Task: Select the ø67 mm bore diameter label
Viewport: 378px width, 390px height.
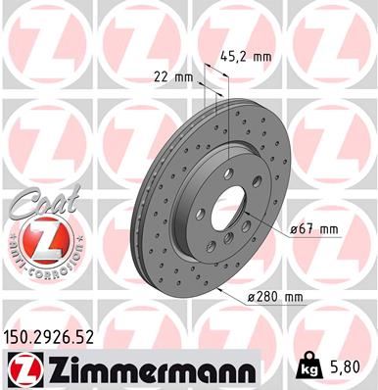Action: pos(313,229)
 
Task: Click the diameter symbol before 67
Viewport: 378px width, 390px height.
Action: pos(294,229)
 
